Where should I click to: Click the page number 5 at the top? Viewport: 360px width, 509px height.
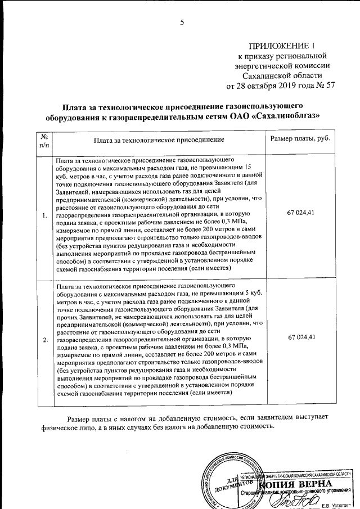coord(182,22)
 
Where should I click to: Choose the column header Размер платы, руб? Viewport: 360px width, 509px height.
coord(300,138)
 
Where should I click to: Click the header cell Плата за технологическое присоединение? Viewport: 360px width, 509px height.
coord(159,138)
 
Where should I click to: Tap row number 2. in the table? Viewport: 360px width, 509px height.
coord(44,340)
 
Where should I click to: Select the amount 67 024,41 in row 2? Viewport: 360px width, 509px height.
coord(300,336)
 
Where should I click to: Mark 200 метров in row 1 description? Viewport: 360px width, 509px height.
coord(195,229)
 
